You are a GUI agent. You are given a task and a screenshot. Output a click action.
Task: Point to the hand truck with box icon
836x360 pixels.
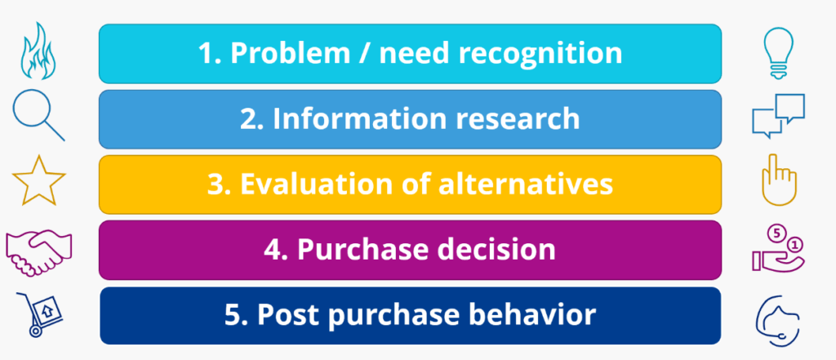click(x=36, y=313)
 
